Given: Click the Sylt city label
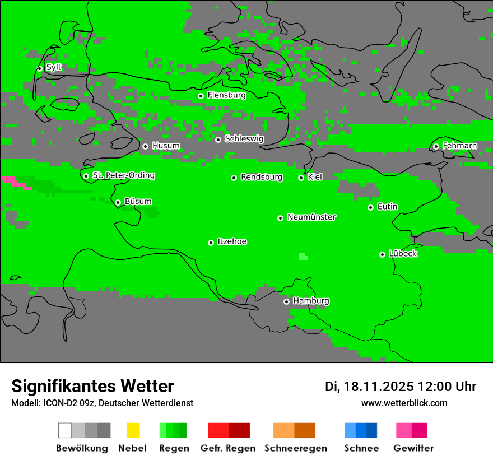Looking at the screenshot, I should click(54, 68).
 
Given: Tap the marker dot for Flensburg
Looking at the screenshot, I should click(201, 96).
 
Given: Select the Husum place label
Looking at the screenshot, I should click(166, 146).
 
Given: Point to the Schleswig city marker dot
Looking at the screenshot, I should click(218, 139).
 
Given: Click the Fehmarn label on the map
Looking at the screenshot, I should click(459, 146).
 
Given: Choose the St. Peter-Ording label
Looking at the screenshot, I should click(123, 175).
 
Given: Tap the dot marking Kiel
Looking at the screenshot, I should click(301, 178).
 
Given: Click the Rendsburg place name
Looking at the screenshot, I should click(262, 177).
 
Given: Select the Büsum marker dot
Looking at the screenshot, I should click(118, 202).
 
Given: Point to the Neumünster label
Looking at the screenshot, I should click(311, 217).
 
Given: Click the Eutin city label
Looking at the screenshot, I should click(387, 207).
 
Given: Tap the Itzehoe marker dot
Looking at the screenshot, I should click(211, 243).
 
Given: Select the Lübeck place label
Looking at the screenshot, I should click(403, 254).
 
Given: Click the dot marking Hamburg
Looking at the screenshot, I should click(286, 301).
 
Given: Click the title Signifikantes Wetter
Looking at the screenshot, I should click(92, 386).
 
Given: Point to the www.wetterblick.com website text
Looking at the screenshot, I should click(404, 403).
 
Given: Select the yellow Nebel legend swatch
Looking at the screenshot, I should click(133, 430).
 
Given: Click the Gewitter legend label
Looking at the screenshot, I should click(413, 448).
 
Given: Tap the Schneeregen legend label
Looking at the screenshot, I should click(295, 448).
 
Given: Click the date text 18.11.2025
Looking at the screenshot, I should click(379, 387).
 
